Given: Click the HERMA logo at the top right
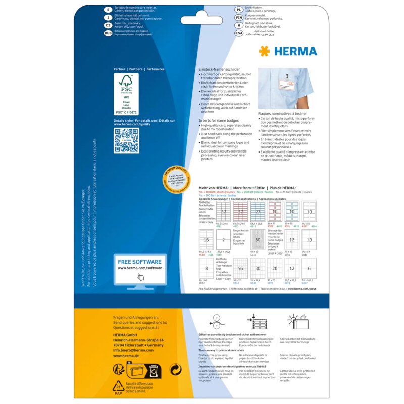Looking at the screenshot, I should click(x=288, y=51).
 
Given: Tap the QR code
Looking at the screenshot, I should click(x=126, y=140).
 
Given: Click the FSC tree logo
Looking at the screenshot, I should click(x=126, y=85).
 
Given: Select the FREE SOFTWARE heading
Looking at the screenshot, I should click(x=139, y=262).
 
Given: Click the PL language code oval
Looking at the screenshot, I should click(x=239, y=9).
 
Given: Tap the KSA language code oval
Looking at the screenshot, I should click(x=239, y=33).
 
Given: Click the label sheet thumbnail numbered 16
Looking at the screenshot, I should click(x=207, y=240).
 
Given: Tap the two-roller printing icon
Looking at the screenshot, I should click(x=215, y=322).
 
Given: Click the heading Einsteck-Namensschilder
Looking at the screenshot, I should click(x=220, y=69).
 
